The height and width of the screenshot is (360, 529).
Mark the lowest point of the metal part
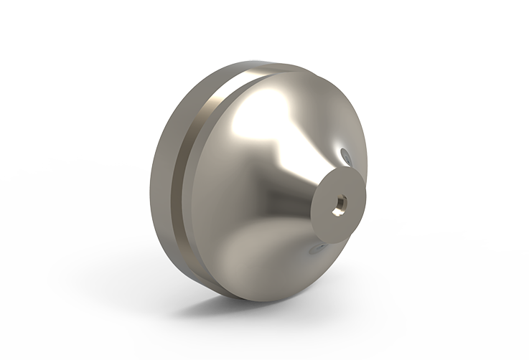point(251,300)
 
